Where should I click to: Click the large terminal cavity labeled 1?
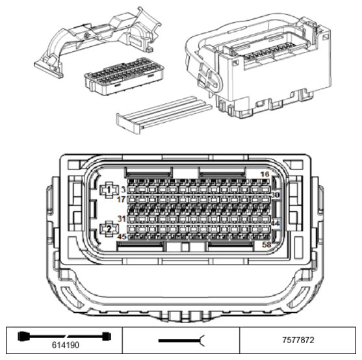pyautogui.click(x=109, y=190)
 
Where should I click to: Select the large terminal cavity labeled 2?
pyautogui.click(x=109, y=229)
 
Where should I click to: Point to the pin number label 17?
pyautogui.click(x=122, y=200)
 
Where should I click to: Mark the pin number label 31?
pyautogui.click(x=122, y=219)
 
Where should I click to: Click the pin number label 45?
pyautogui.click(x=122, y=237)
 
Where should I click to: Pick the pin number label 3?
pyautogui.click(x=123, y=189)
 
